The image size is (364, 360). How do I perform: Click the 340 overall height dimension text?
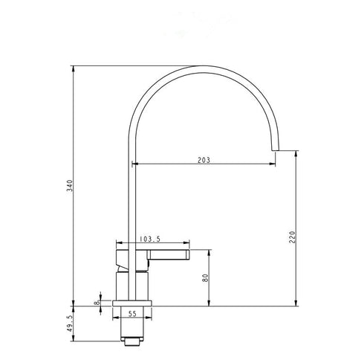(x=69, y=185)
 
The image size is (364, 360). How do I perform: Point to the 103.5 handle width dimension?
(x=150, y=240)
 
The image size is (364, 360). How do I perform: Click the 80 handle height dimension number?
(x=205, y=278)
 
